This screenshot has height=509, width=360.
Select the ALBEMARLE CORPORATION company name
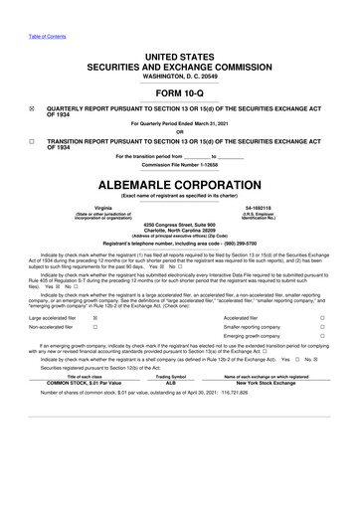coord(179,185)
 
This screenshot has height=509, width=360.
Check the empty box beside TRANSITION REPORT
coord(32,141)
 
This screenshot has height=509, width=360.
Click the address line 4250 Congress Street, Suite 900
coord(179,224)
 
